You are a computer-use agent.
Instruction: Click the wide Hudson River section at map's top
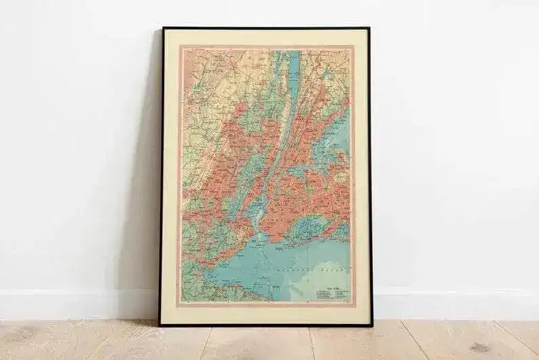pyautogui.click(x=293, y=68)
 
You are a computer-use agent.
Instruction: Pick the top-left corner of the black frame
pyautogui.click(x=163, y=29)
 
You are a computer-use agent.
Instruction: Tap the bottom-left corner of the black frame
pyautogui.click(x=160, y=325)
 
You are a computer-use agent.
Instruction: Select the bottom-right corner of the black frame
pyautogui.click(x=371, y=325)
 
